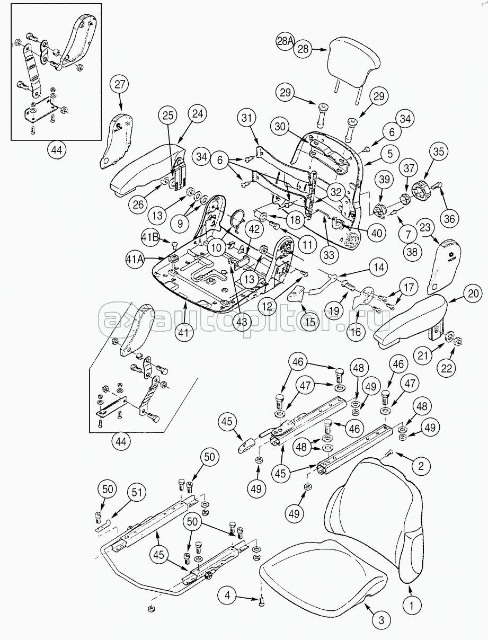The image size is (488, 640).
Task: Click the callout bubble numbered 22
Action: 447,369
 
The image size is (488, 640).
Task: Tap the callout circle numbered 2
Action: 421,467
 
